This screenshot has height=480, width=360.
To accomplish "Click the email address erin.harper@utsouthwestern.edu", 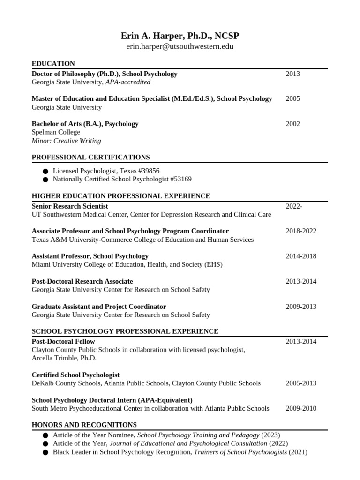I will (x=180, y=47).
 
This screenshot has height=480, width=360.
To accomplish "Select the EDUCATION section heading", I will (x=53, y=64).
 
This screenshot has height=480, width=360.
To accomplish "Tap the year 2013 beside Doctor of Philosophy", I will (x=292, y=74).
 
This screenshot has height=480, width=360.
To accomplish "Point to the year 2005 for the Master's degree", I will (x=292, y=98).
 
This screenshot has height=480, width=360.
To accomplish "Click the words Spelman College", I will (x=56, y=132).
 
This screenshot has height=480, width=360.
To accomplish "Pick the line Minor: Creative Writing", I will (x=66, y=141).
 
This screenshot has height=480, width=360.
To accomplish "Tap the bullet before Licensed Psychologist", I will (x=45, y=171).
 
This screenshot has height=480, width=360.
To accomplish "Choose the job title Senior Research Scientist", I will (x=70, y=206).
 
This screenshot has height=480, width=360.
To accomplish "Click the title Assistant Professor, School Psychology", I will (x=90, y=256).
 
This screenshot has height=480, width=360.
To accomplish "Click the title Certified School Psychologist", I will (x=75, y=375).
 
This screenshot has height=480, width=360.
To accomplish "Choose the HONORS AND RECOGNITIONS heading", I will (x=84, y=425).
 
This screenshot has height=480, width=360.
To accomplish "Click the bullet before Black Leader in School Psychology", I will (x=45, y=452).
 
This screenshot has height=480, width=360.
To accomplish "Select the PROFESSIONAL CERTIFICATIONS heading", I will (x=90, y=157).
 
